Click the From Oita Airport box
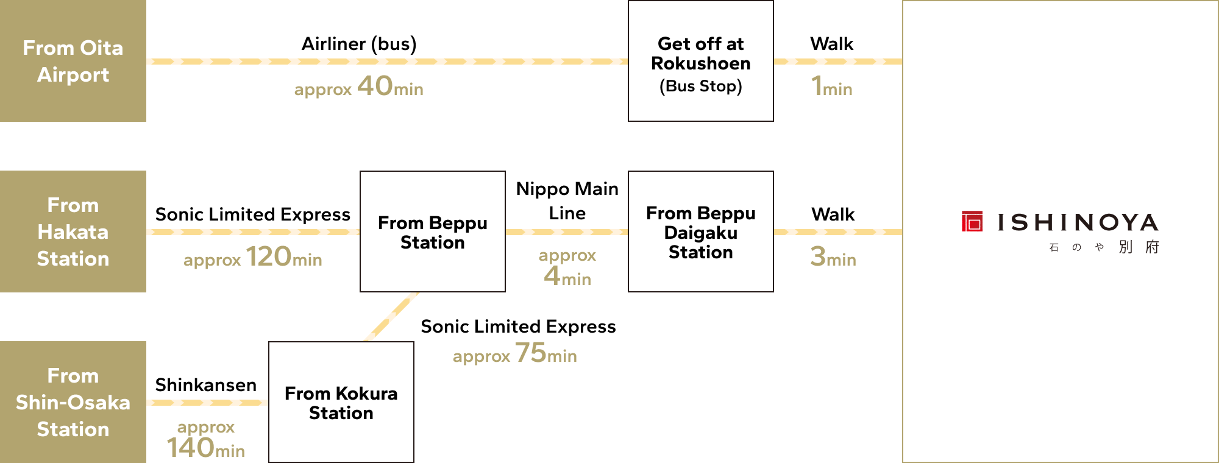tap(73, 61)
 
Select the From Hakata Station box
tap(73, 231)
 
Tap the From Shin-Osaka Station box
tap(73, 402)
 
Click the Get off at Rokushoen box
tap(701, 61)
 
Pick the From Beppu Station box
tap(433, 232)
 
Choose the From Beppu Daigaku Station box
tap(701, 232)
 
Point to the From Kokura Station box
tap(341, 403)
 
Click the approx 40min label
tap(358, 87)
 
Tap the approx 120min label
tap(252, 257)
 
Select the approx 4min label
tap(567, 267)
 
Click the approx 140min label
tap(206, 439)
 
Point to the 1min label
tap(832, 87)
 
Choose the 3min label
tap(833, 257)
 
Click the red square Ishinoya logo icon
tap(972, 221)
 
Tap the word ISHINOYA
tap(1078, 223)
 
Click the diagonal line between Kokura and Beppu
tap(391, 317)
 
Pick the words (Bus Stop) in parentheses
tap(701, 87)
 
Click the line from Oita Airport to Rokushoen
tap(387, 62)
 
